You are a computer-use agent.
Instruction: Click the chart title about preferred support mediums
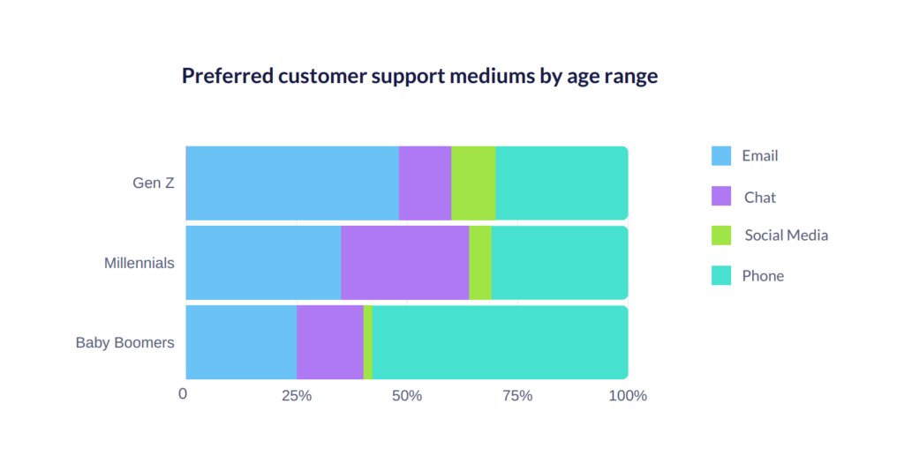419,76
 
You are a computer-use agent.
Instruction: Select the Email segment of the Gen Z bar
291,183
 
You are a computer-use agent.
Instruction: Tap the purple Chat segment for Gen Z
425,183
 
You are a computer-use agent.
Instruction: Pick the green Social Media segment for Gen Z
473,183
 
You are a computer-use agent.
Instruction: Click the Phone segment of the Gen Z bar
561,183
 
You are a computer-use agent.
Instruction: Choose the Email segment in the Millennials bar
263,263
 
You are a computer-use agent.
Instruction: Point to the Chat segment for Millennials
404,263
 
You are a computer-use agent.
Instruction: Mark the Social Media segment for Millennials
480,263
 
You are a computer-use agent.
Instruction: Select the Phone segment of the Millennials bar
560,263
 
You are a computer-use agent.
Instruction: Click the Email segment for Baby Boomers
241,342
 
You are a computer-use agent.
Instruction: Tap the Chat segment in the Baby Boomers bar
329,342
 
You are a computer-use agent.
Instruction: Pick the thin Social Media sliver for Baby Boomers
367,342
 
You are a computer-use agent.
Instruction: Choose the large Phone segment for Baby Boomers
500,342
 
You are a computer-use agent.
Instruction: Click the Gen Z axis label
153,183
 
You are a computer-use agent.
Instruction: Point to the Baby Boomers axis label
124,342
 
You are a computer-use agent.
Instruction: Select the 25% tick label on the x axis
297,396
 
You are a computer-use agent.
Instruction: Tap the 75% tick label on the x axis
517,396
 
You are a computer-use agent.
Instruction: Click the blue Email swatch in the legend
721,156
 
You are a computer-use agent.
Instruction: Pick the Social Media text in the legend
786,235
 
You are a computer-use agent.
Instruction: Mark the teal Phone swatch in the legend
721,276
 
